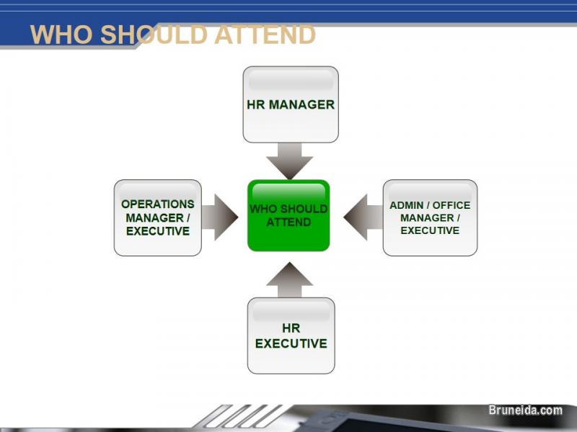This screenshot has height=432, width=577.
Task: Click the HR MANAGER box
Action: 291,104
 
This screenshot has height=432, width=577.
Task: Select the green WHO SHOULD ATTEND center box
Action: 288,215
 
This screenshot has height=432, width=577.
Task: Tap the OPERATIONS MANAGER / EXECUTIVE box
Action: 158,217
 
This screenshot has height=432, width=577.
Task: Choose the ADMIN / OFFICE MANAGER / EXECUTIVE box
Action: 430,217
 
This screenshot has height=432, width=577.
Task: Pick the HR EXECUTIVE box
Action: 291,336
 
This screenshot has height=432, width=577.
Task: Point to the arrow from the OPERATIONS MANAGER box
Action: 220,216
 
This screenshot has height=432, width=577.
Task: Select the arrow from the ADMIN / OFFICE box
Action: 363,216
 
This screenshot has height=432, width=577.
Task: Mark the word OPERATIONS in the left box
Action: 158,204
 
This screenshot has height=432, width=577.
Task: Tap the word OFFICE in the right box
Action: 452,205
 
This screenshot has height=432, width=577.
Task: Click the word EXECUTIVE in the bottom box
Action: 291,343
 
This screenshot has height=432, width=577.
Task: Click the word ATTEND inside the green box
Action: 288,222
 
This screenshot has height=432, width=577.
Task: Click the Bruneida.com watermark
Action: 525,410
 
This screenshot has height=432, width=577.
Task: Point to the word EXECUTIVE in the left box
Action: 158,231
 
